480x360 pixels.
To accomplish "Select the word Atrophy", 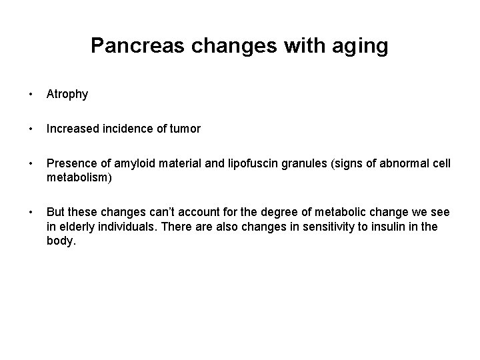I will (67, 95).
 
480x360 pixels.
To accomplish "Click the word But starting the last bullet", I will (55, 211).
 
